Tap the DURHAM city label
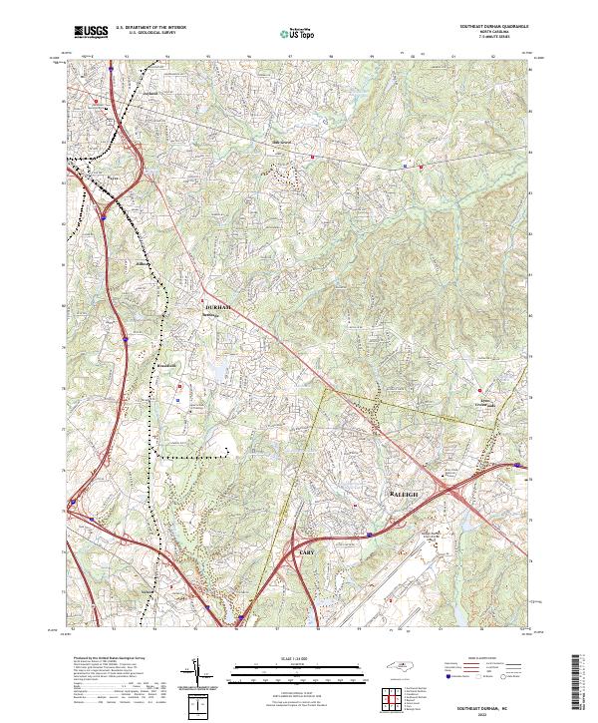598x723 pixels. (217, 307)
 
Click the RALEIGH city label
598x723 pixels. (402, 495)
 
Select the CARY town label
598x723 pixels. (306, 551)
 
